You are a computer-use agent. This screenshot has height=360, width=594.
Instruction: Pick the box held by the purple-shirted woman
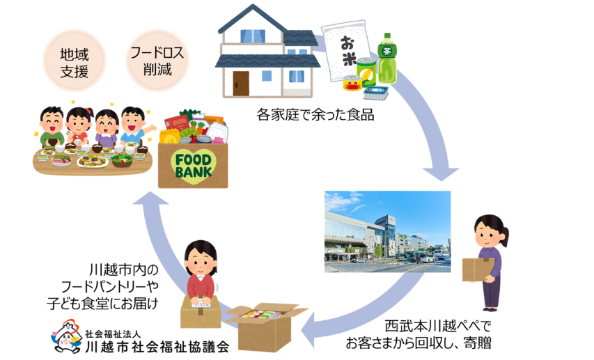(x=478, y=269)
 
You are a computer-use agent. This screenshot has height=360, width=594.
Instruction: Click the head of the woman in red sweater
(x=201, y=257)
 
